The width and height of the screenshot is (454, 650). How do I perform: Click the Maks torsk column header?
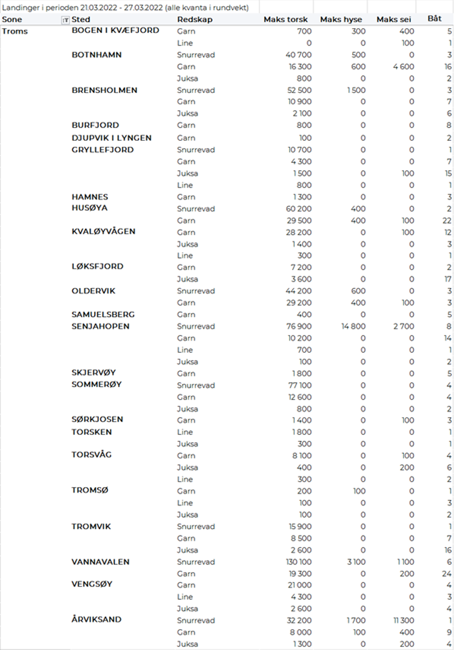click(286, 20)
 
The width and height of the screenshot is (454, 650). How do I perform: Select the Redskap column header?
click(195, 20)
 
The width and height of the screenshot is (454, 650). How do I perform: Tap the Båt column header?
click(434, 19)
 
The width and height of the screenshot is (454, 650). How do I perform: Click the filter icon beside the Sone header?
click(65, 20)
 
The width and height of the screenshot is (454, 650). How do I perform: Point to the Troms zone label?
click(15, 31)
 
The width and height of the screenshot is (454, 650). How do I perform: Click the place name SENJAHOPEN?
click(100, 326)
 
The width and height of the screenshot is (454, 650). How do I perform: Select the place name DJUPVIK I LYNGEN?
click(111, 138)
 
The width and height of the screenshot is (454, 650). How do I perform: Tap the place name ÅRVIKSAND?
click(96, 620)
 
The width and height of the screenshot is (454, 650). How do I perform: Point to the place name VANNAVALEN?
click(100, 562)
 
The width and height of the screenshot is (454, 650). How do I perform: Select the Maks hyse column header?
click(341, 20)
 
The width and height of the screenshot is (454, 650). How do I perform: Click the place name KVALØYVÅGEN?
click(103, 231)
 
